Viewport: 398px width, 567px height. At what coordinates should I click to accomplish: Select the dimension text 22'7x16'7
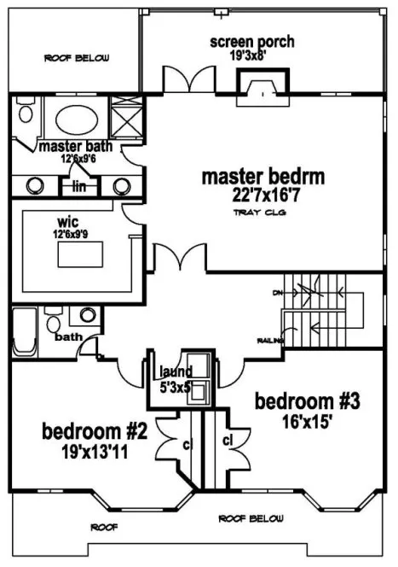264,196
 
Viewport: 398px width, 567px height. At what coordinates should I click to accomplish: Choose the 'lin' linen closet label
80,185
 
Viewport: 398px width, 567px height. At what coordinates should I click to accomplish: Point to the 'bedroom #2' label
95,430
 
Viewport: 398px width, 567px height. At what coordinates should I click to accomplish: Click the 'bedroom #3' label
296,400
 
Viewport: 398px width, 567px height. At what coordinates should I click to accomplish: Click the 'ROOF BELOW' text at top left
72,59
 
